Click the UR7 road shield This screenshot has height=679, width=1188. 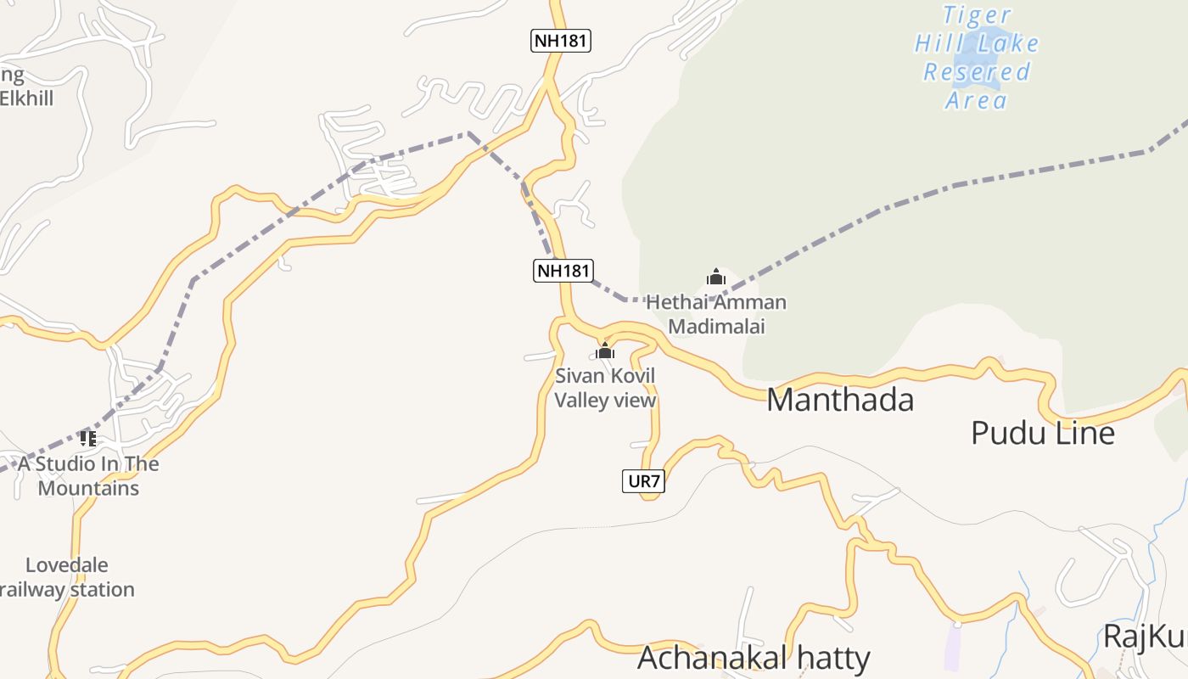tap(643, 481)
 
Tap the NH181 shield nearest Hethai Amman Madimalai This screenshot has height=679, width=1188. tap(563, 271)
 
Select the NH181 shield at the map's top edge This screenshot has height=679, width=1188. tap(561, 40)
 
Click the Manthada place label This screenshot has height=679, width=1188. tap(840, 400)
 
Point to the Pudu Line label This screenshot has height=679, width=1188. tap(1042, 433)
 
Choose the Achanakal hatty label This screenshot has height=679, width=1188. tap(754, 658)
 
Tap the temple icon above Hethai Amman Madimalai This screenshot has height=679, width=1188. tap(716, 277)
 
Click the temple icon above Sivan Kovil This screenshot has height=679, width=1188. tap(604, 351)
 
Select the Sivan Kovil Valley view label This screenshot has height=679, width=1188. tap(605, 388)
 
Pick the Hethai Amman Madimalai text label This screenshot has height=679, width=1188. tap(716, 314)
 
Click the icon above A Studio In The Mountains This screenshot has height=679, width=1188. tap(87, 439)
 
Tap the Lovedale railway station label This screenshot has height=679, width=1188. tap(68, 577)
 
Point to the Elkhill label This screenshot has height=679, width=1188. tap(26, 98)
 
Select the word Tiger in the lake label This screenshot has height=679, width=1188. tap(976, 15)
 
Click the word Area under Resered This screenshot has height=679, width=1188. tap(976, 100)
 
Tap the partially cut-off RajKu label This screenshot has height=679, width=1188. tap(1144, 635)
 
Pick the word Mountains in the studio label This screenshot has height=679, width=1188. tap(88, 489)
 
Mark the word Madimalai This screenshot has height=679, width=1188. tap(716, 327)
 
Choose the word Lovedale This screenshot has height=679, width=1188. tap(66, 565)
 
